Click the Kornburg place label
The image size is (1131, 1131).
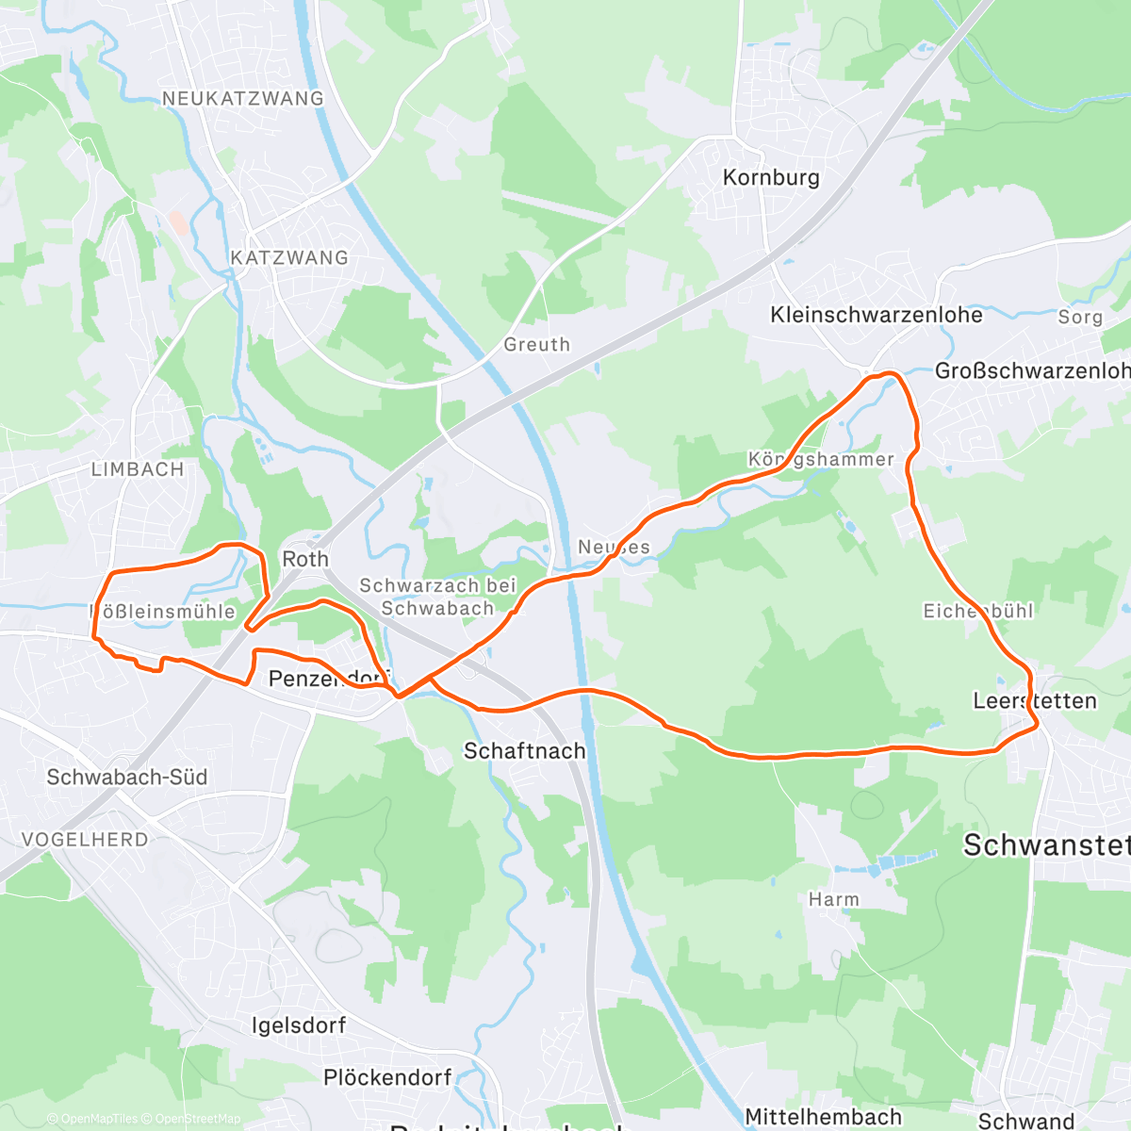click(771, 177)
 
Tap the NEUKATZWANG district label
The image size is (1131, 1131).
click(242, 98)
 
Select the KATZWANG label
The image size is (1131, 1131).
click(289, 257)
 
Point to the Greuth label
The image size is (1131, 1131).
click(537, 345)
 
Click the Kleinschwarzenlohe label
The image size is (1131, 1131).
click(877, 315)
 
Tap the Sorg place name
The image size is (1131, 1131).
click(1080, 317)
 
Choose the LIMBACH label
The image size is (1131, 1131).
click(138, 469)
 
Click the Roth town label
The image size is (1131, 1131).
click(305, 559)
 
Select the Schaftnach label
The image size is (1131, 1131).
click(525, 751)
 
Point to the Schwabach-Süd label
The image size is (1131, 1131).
click(127, 778)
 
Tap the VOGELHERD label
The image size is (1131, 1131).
click(85, 839)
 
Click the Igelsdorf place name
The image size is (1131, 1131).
click(299, 1025)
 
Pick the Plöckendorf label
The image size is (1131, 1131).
click(387, 1077)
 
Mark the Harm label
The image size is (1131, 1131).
click(834, 899)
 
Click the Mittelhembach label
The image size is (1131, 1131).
click(824, 1117)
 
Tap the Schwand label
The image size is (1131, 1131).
click(1026, 1121)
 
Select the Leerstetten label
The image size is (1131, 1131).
click(1035, 701)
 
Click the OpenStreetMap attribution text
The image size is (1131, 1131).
click(197, 1119)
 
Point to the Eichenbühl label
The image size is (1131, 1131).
click(978, 611)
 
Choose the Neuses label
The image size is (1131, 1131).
click(614, 547)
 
